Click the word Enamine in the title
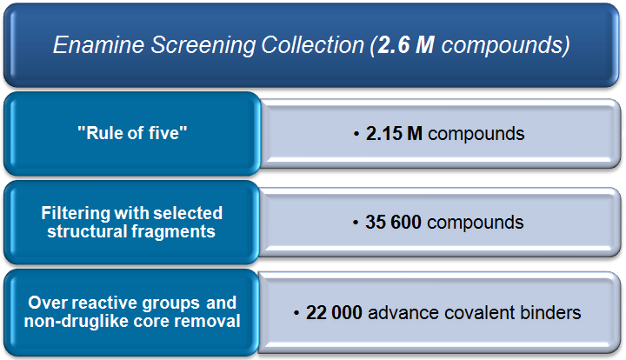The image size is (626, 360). [98, 44]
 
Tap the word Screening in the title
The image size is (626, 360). [203, 45]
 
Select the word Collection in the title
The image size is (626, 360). [313, 44]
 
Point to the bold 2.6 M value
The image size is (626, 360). [406, 44]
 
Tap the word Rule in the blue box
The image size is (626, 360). [101, 133]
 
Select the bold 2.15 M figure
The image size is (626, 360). [394, 134]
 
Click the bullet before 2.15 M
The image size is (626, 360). [356, 134]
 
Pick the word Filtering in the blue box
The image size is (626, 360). [76, 214]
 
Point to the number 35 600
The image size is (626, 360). [393, 223]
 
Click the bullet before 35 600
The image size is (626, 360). [356, 223]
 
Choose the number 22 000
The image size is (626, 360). [334, 312]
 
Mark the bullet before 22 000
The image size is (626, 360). [296, 313]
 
